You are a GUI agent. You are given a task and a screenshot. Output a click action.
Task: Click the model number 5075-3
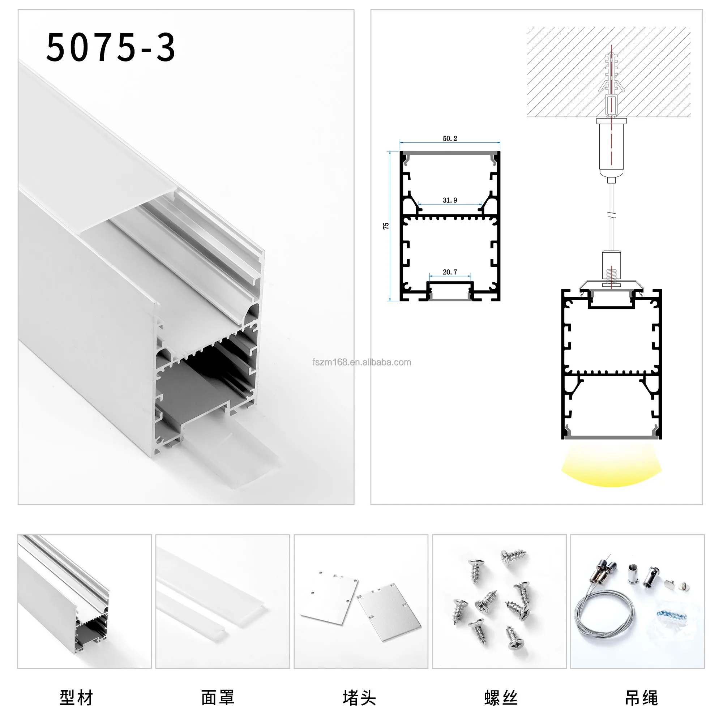pyautogui.click(x=110, y=47)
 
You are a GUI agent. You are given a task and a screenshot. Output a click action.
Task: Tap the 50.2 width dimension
pyautogui.click(x=450, y=138)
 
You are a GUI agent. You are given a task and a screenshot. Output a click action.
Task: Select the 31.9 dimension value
pyautogui.click(x=450, y=200)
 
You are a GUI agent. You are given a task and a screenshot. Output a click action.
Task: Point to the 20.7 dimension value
pyautogui.click(x=450, y=272)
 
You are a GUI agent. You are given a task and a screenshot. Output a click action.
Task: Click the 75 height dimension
pyautogui.click(x=386, y=226)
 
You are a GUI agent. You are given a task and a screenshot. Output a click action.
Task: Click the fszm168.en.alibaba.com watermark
pyautogui.click(x=361, y=362)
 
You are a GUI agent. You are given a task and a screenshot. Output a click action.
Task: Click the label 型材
pyautogui.click(x=76, y=698)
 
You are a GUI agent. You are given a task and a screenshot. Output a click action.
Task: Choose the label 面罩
pyautogui.click(x=217, y=698)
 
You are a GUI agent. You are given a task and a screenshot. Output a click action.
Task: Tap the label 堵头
pyautogui.click(x=359, y=698)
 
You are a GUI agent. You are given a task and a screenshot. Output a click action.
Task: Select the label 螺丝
pyautogui.click(x=501, y=698)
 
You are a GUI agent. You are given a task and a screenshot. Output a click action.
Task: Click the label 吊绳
pyautogui.click(x=641, y=698)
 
